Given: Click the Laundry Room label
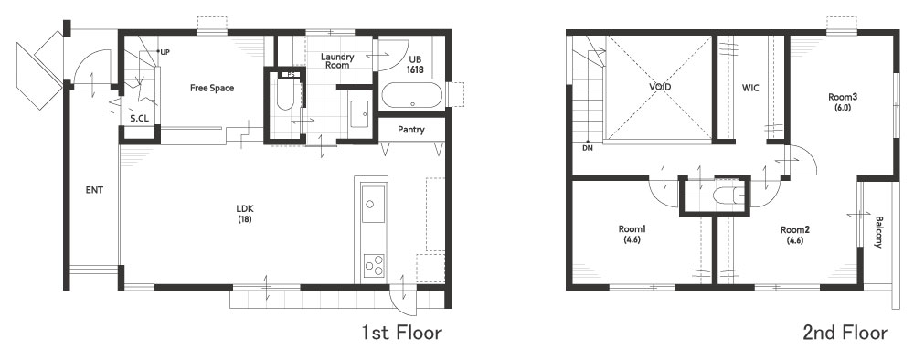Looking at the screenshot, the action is [337, 61].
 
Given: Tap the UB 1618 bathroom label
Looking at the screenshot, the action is [414, 65].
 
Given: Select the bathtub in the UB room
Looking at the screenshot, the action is [412, 96].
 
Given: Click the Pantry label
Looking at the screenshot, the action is [411, 130].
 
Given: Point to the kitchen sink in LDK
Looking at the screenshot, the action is [373, 204].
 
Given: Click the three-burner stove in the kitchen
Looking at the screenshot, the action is [374, 265].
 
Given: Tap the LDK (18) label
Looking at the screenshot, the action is [245, 213].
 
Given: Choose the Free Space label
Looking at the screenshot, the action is [212, 88].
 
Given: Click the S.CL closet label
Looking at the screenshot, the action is [139, 118].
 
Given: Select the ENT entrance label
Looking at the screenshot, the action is [94, 190].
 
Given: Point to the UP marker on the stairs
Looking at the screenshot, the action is [164, 52].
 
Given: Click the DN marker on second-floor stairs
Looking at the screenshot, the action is [587, 147].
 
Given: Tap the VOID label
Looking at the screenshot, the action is [660, 87].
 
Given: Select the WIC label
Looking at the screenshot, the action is [750, 89].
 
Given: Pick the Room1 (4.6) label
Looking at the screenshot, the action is [632, 234].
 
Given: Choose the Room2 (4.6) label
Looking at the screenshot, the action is [794, 234].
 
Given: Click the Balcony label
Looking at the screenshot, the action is [878, 232].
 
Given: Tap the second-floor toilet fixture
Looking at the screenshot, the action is [728, 195].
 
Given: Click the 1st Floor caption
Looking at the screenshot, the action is [401, 334].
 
